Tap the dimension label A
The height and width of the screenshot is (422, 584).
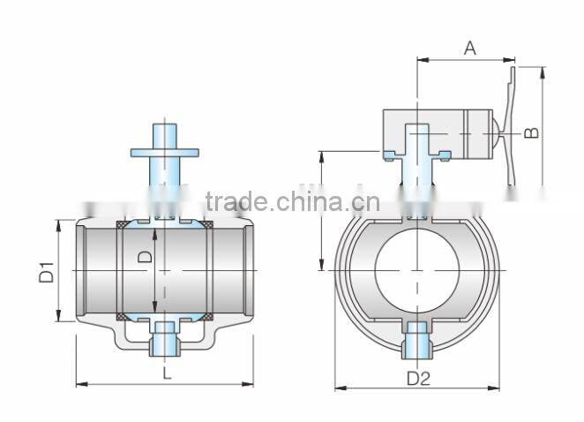point(469,49)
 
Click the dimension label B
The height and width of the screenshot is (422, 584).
point(531,132)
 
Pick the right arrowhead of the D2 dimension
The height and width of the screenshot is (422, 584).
point(497,388)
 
